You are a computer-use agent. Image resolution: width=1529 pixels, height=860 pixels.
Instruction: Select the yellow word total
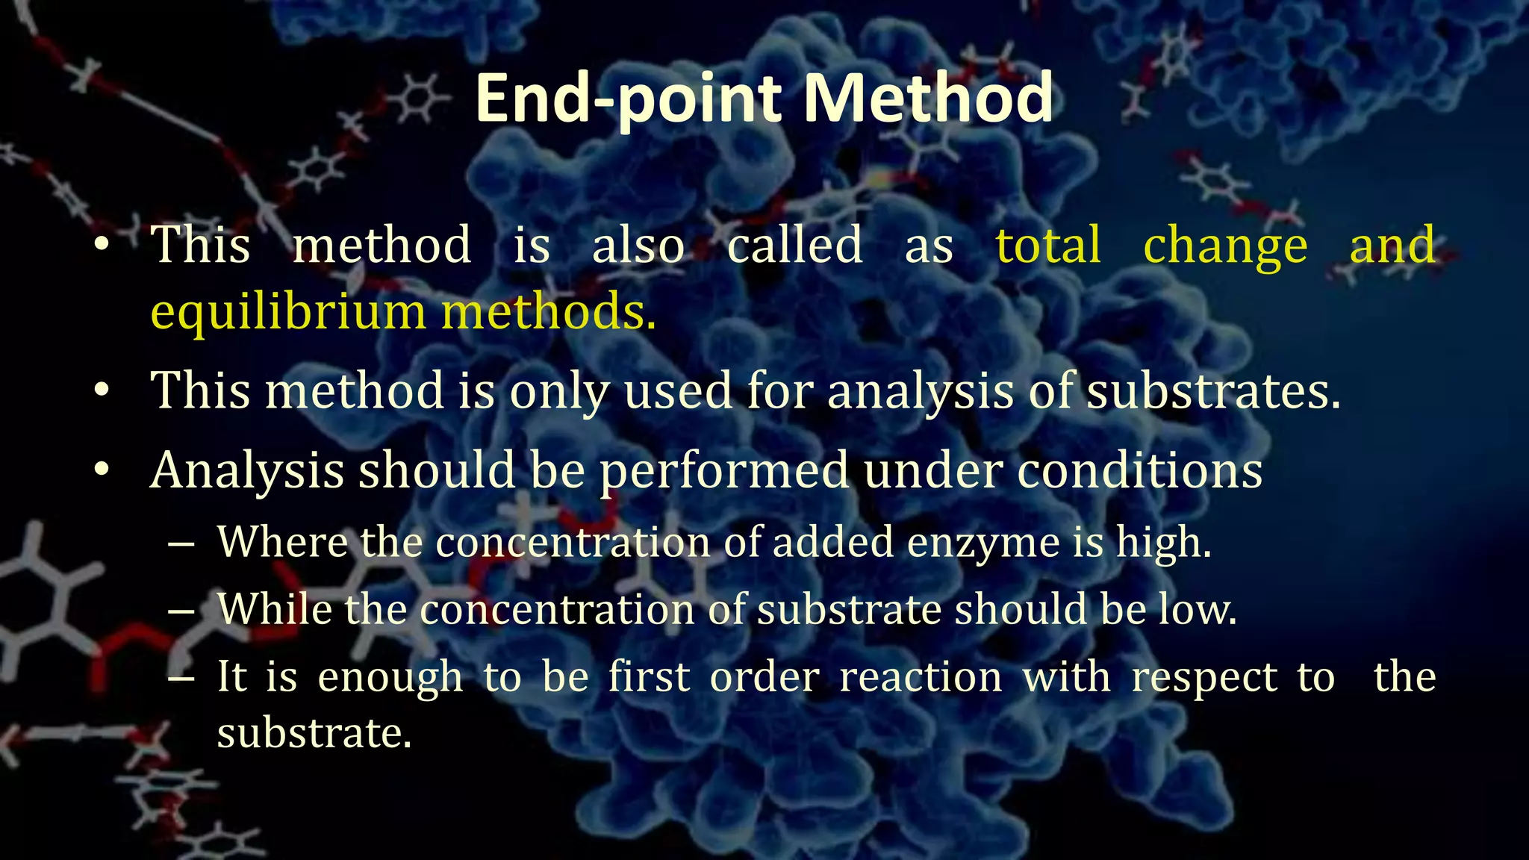(x=1048, y=245)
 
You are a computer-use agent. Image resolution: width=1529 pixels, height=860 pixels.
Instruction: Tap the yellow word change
(x=1225, y=245)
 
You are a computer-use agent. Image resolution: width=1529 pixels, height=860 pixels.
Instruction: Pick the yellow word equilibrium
(x=287, y=312)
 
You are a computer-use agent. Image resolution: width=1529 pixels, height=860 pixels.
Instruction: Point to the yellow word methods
(x=549, y=312)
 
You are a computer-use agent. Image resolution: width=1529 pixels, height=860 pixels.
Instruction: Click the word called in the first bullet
(x=795, y=245)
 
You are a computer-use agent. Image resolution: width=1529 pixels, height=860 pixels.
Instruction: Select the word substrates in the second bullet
(x=1212, y=390)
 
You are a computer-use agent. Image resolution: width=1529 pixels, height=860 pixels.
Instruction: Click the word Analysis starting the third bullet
(x=247, y=471)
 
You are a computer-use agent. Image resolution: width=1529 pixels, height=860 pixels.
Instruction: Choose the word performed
(x=724, y=471)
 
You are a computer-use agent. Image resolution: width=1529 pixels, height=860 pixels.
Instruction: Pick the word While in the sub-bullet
(x=274, y=609)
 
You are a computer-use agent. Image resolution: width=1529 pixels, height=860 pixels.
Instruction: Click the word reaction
(x=921, y=678)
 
